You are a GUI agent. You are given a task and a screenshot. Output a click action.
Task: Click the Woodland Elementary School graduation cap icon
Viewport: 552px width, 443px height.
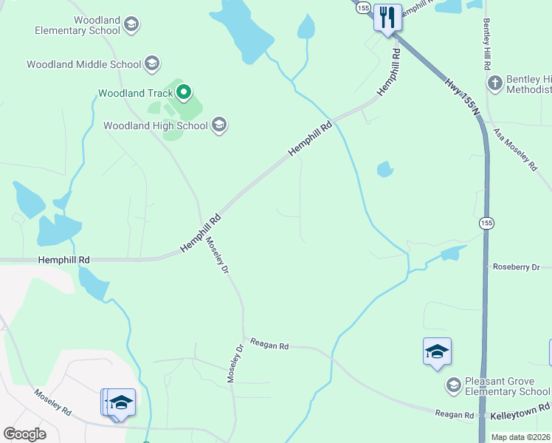(x=131, y=25)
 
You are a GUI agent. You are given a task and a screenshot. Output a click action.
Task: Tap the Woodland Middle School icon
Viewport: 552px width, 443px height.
(x=152, y=63)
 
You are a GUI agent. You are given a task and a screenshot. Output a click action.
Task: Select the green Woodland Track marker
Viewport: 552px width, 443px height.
(x=184, y=93)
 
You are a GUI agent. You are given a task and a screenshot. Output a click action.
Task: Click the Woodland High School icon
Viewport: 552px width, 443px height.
(x=219, y=125)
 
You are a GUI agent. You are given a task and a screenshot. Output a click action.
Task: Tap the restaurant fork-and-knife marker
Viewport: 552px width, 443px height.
(x=387, y=16)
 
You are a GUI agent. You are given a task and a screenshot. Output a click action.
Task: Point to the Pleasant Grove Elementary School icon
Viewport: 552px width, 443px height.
(x=453, y=385)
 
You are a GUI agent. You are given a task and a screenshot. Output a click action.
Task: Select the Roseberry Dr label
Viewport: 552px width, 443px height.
(x=517, y=267)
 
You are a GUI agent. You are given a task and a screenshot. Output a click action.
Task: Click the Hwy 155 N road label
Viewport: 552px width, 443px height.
(x=462, y=96)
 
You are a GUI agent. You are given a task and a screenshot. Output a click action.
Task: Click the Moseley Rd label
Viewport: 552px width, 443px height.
(x=51, y=401)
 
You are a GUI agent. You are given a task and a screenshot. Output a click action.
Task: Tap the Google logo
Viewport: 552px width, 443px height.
(x=24, y=434)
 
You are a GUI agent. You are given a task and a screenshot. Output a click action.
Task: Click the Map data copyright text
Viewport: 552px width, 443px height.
(x=520, y=437)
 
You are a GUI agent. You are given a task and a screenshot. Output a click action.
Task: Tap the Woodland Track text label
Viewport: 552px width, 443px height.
(x=136, y=94)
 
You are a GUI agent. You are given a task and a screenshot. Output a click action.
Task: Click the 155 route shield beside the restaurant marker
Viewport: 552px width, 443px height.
(x=362, y=7)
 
